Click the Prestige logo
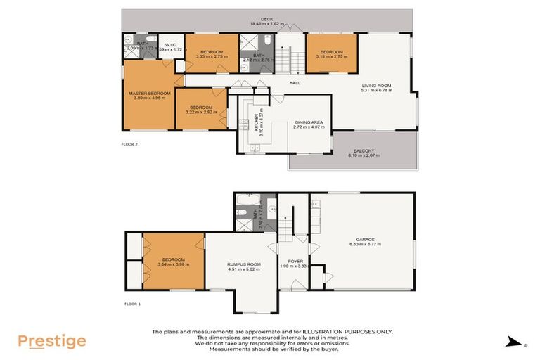pos(52,342)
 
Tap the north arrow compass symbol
pos(515,343)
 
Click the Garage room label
pos(364,240)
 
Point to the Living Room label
pos(375,86)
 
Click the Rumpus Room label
pos(244,264)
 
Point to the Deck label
pos(266,19)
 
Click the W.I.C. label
pos(170,44)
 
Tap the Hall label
pos(295,83)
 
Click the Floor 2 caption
pos(129,143)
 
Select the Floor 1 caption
pos(133,304)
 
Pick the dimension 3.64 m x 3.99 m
pos(172,264)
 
